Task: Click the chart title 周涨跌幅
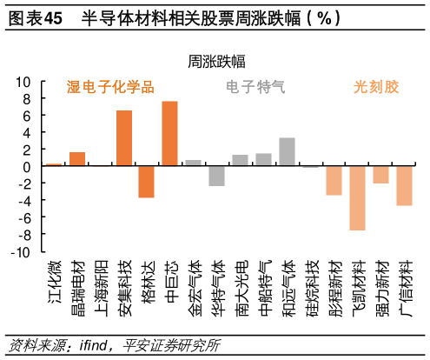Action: point(215,61)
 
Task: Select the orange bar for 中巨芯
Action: point(169,133)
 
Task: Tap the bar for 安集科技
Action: point(124,137)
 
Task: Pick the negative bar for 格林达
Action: point(146,182)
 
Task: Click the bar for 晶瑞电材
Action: point(77,159)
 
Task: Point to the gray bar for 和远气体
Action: point(287,151)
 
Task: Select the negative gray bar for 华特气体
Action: point(216,176)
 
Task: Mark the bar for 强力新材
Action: point(380,175)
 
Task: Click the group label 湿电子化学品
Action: point(110,87)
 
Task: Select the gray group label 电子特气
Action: point(255,87)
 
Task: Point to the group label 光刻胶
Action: point(376,87)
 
